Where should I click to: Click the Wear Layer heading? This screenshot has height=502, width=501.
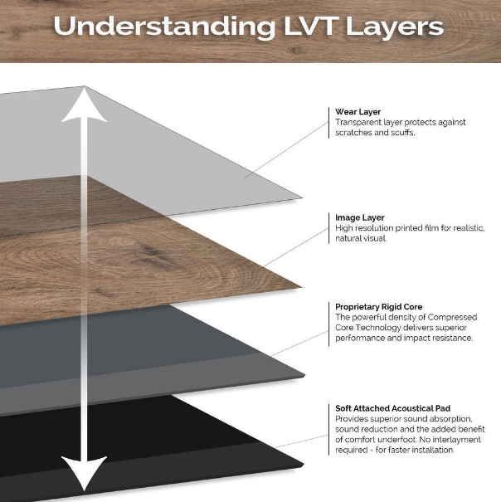pyautogui.click(x=358, y=111)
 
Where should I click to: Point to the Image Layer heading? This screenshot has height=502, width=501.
pyautogui.click(x=360, y=217)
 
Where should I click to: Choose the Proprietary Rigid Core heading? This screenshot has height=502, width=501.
pyautogui.click(x=379, y=306)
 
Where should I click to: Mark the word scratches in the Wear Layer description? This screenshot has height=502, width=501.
pyautogui.click(x=355, y=132)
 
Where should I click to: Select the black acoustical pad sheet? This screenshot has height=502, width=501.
pyautogui.click(x=207, y=448)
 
